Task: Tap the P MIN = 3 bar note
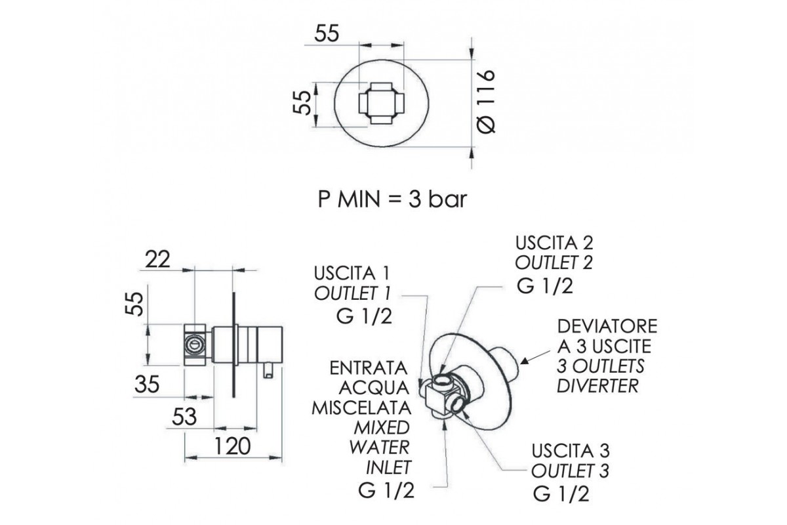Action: click(392, 199)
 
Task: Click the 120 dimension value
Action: click(232, 446)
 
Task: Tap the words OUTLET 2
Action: click(554, 263)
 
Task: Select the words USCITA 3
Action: click(571, 451)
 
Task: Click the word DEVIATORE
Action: click(607, 326)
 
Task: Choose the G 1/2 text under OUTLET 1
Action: click(363, 316)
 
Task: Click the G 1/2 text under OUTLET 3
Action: click(561, 492)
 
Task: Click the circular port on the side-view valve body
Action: click(195, 343)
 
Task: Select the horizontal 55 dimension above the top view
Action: click(326, 34)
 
